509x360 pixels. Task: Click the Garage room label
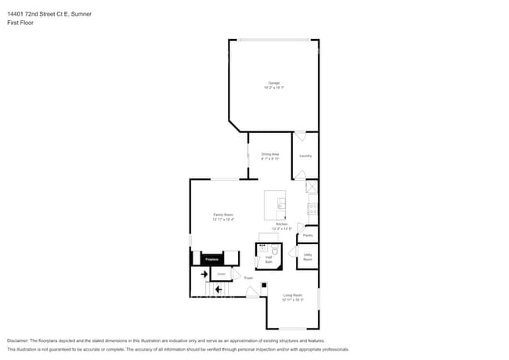[273, 83]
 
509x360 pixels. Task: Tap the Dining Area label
[270, 155]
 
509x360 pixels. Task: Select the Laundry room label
[305, 156]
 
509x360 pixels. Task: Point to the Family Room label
[223, 215]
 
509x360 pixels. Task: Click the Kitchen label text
[281, 225]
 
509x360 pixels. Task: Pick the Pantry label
[308, 236]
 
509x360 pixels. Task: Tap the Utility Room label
[308, 257]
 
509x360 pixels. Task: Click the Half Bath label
[269, 260]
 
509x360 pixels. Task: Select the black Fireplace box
[211, 259]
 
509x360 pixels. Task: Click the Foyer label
[248, 278]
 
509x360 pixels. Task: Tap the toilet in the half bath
[275, 252]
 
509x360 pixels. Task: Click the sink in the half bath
[262, 247]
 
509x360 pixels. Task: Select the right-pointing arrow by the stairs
[204, 275]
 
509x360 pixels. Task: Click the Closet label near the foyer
[222, 274]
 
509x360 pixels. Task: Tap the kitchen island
[275, 206]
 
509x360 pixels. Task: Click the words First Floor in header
[16, 23]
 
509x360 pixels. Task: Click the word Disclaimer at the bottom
[17, 341]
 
